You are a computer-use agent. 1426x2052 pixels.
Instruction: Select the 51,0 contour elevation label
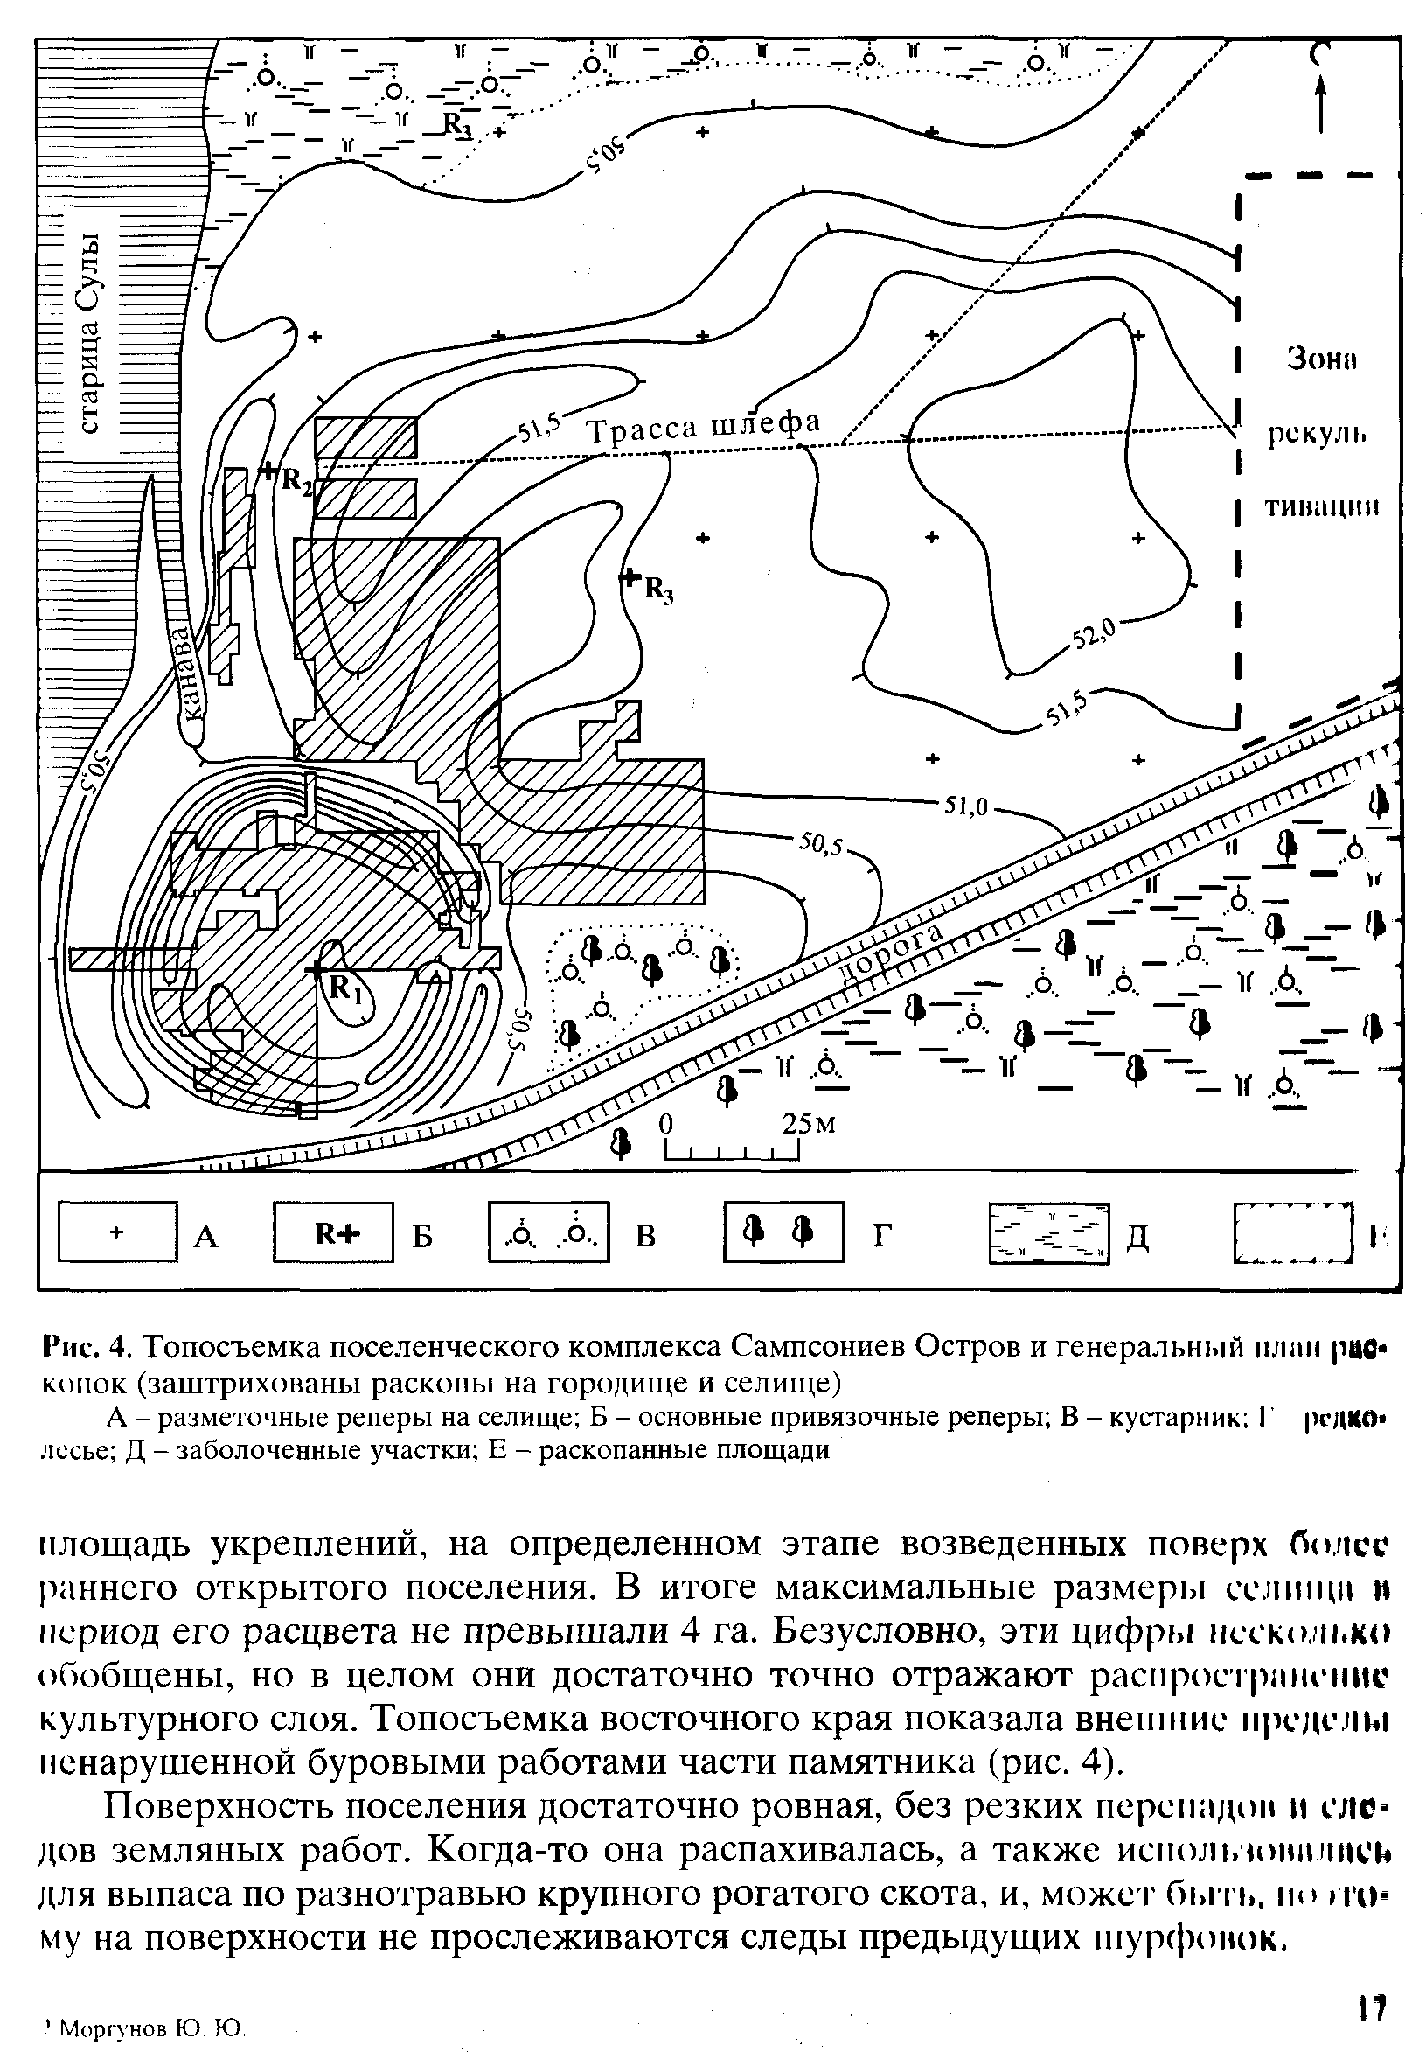(965, 807)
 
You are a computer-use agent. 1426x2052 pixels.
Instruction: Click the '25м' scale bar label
(808, 1124)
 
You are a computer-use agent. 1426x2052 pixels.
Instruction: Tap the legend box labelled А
(117, 1233)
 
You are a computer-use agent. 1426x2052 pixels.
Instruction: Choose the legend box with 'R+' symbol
(333, 1233)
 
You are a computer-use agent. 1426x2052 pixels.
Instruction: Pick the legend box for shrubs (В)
(548, 1233)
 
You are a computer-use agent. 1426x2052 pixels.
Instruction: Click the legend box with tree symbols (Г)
(783, 1233)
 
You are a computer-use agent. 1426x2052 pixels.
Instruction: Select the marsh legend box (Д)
(1049, 1233)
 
